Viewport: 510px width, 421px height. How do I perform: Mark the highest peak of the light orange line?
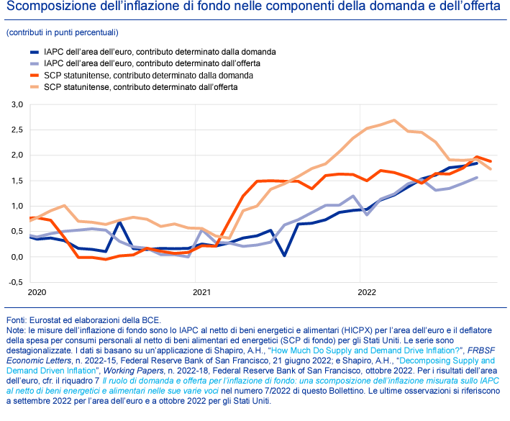click(x=394, y=120)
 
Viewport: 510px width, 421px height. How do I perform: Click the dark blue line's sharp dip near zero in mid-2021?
click(x=284, y=255)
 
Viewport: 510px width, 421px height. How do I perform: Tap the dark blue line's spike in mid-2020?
click(x=119, y=223)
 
